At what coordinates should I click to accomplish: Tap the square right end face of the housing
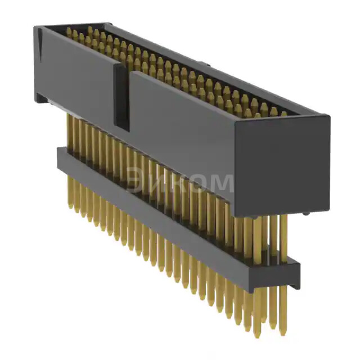pyautogui.click(x=281, y=163)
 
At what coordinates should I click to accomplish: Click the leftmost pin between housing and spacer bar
pyautogui.click(x=69, y=129)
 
